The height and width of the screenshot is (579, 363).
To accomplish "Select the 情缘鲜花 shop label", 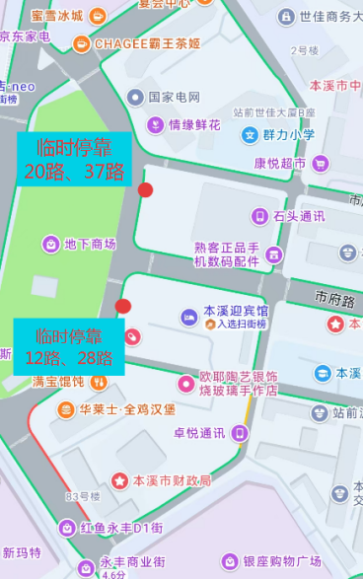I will (193, 124).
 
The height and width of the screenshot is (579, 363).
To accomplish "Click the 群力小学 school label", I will (289, 135).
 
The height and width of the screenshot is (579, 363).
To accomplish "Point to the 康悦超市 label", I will (280, 163).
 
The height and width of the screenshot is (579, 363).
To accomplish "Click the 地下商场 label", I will (90, 244).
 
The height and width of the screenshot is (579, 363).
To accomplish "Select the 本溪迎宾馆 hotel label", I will (235, 311).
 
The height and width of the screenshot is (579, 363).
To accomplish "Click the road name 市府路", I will (333, 296).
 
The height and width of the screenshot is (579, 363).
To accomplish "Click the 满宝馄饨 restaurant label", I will (58, 381).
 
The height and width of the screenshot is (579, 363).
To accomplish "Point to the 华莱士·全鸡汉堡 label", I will (127, 408).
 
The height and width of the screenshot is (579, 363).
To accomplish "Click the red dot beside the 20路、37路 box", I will (146, 189).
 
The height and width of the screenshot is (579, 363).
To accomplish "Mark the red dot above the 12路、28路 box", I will (123, 306).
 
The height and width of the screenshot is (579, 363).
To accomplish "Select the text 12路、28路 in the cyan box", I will (69, 357).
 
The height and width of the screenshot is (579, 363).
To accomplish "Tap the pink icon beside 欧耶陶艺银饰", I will (185, 384).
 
